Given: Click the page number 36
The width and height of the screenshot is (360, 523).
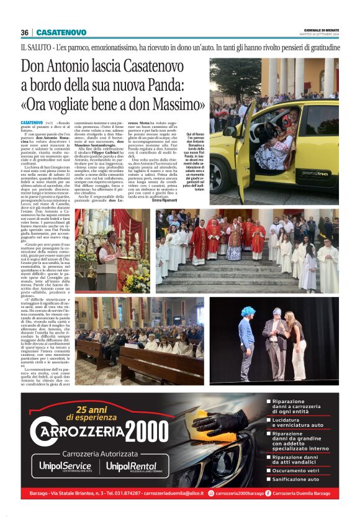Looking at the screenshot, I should [24, 32].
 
